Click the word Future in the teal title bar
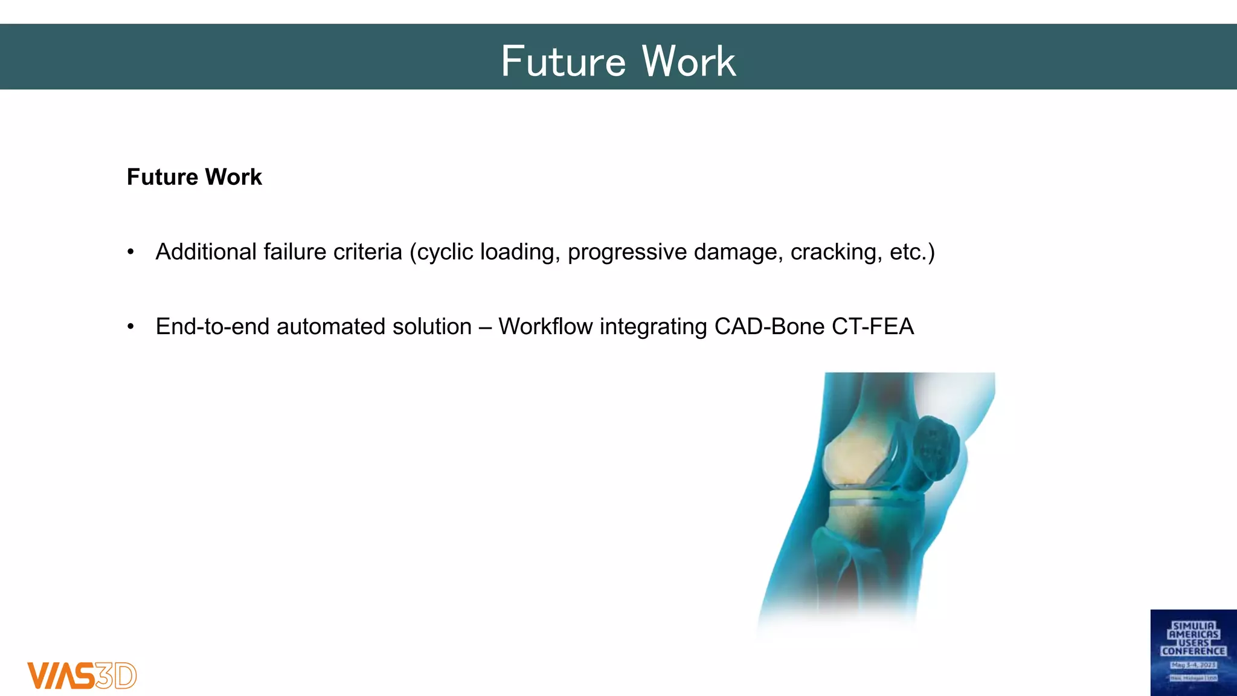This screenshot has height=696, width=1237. coord(563,62)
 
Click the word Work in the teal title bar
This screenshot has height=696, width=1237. coord(689,62)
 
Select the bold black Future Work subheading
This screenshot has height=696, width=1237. coord(194,177)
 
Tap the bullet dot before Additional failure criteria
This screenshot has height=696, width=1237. coord(130,253)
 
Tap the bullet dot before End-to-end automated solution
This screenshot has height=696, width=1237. coord(130,327)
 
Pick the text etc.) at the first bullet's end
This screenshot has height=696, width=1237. coord(912,252)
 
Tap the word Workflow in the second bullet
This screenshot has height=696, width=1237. coord(545,327)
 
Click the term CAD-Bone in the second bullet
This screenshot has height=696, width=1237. coord(769,327)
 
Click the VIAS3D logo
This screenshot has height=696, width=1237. coord(82,675)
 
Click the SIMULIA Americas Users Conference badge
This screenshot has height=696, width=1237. coord(1193,652)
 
